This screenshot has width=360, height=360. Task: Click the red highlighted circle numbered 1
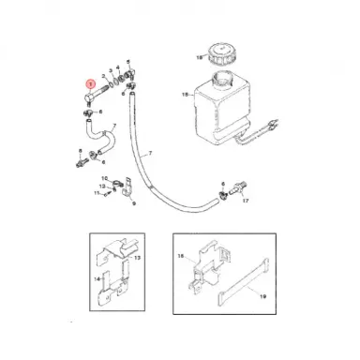(x=89, y=82)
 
